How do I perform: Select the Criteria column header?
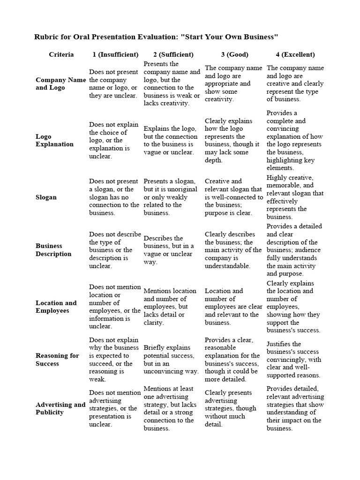pos(61,54)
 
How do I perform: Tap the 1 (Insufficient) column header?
pos(115,54)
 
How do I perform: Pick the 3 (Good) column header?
pos(234,54)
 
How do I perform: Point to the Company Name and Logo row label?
pos(60,83)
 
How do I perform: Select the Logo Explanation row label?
pos(54,140)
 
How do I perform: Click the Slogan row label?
pos(46,197)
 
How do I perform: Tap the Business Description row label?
pos(53,250)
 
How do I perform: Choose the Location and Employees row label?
pos(56,307)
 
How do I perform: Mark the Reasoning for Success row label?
pos(57,360)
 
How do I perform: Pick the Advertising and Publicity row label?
pos(60,408)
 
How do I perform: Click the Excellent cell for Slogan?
pos(295,197)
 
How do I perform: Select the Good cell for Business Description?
pos(233,250)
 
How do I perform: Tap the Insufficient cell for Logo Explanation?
pos(114,140)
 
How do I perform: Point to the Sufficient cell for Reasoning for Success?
pos(171,360)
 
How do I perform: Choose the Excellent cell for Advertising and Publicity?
pos(295,408)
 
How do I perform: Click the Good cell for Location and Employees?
pos(233,307)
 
